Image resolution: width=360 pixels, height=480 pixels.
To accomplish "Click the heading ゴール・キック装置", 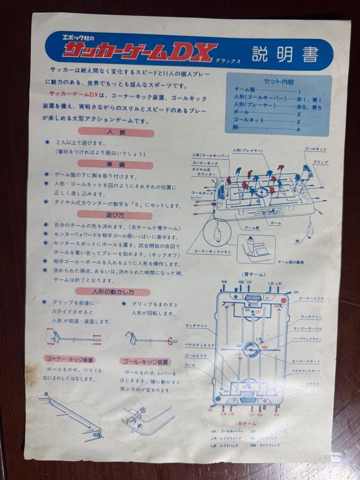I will tap(145, 362).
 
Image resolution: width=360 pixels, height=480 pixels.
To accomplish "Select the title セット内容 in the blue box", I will tap(279, 82).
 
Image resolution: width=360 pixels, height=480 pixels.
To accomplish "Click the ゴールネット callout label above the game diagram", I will tap(315, 149).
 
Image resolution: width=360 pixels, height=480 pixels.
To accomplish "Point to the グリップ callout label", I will tap(320, 163).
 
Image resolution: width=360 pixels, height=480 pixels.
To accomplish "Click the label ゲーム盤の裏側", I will tap(291, 262).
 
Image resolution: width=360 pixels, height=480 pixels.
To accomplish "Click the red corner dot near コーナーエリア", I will tap(280, 299).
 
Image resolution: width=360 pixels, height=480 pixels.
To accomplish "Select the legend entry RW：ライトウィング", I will tap(265, 445).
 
